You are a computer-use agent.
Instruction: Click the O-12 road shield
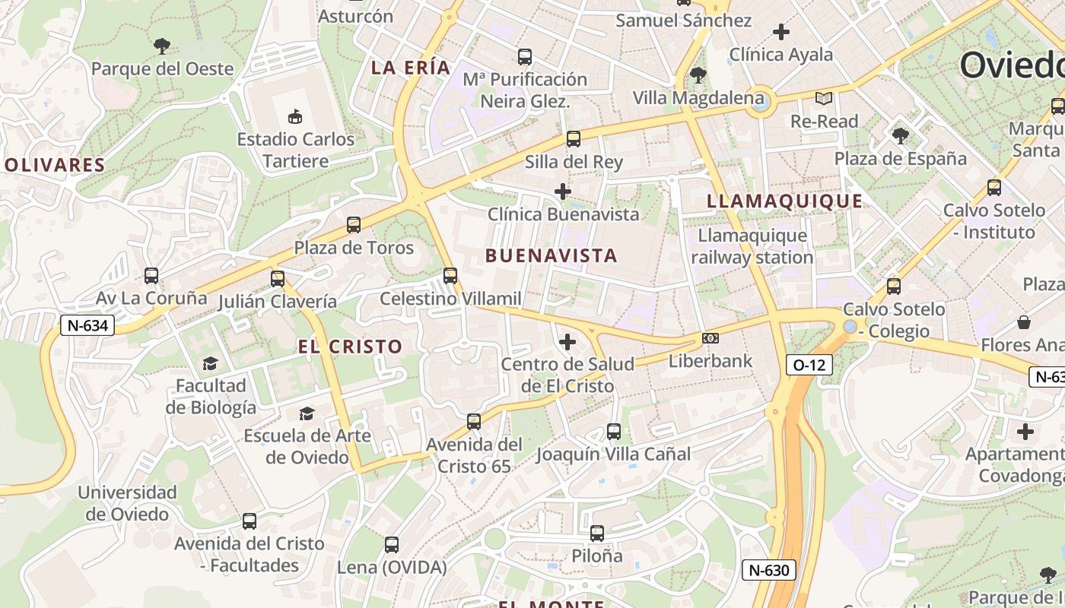(809, 365)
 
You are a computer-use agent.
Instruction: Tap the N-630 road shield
(769, 570)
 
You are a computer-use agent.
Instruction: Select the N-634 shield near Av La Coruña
(87, 326)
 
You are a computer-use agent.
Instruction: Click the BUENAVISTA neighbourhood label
(552, 256)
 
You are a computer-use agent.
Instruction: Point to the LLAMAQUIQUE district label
(785, 201)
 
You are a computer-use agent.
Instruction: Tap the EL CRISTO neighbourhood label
(350, 347)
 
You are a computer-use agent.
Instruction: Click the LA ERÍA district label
(411, 68)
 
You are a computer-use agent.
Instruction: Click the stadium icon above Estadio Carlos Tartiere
(295, 116)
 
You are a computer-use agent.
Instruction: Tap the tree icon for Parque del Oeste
(162, 46)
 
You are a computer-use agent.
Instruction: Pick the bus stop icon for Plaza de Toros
(354, 225)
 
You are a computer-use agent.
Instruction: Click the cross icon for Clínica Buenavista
(563, 192)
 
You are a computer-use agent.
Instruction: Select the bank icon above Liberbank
(711, 338)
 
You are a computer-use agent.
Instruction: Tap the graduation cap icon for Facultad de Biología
(210, 364)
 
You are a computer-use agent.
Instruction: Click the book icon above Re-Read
(824, 98)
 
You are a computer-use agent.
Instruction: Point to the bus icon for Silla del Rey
(574, 139)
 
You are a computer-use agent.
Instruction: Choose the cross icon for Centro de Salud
(567, 342)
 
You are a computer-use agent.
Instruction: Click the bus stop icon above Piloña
(597, 534)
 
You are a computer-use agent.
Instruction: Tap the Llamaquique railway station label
(752, 247)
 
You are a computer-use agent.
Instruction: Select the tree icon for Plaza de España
(901, 136)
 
